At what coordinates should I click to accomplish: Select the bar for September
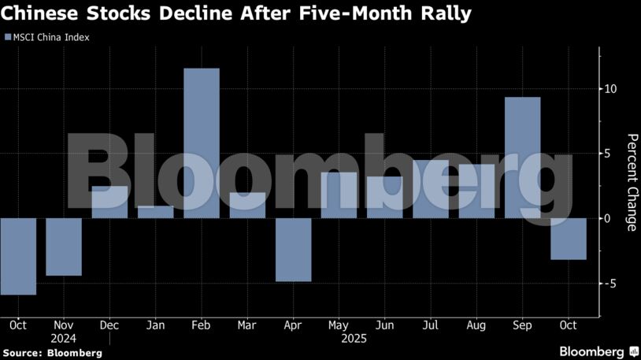[x=522, y=158]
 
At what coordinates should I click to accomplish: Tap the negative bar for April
[x=293, y=249]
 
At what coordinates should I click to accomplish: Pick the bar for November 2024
[x=64, y=247]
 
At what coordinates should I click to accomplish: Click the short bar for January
[x=155, y=212]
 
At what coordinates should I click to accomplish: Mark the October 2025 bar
[x=568, y=238]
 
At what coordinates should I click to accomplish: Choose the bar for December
[x=109, y=202]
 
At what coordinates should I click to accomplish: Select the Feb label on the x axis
[x=201, y=325]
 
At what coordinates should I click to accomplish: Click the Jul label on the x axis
[x=430, y=325]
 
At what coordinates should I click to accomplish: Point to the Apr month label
[x=293, y=325]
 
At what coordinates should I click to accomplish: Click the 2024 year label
[x=64, y=338]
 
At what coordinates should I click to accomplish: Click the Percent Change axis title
[x=632, y=183]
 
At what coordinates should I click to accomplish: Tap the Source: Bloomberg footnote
[x=53, y=353]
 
